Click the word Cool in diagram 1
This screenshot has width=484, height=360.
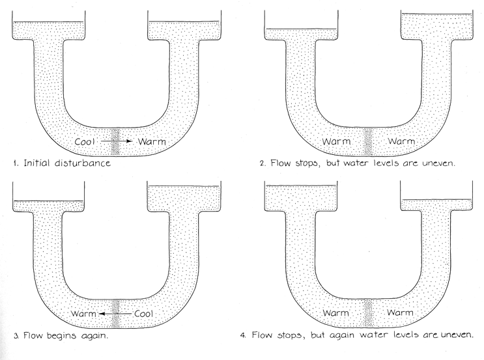87,141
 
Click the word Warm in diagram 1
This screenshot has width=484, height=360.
151,141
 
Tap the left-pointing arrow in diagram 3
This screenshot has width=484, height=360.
119,314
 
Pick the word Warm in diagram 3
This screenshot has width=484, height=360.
89,314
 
